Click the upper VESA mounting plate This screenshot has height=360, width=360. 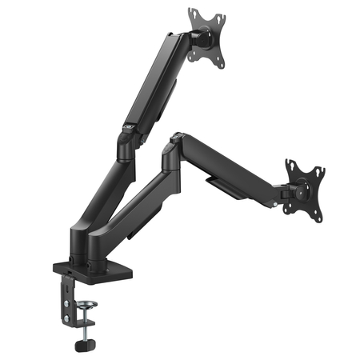click(x=207, y=36)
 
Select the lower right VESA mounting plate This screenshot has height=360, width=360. click(x=306, y=187)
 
